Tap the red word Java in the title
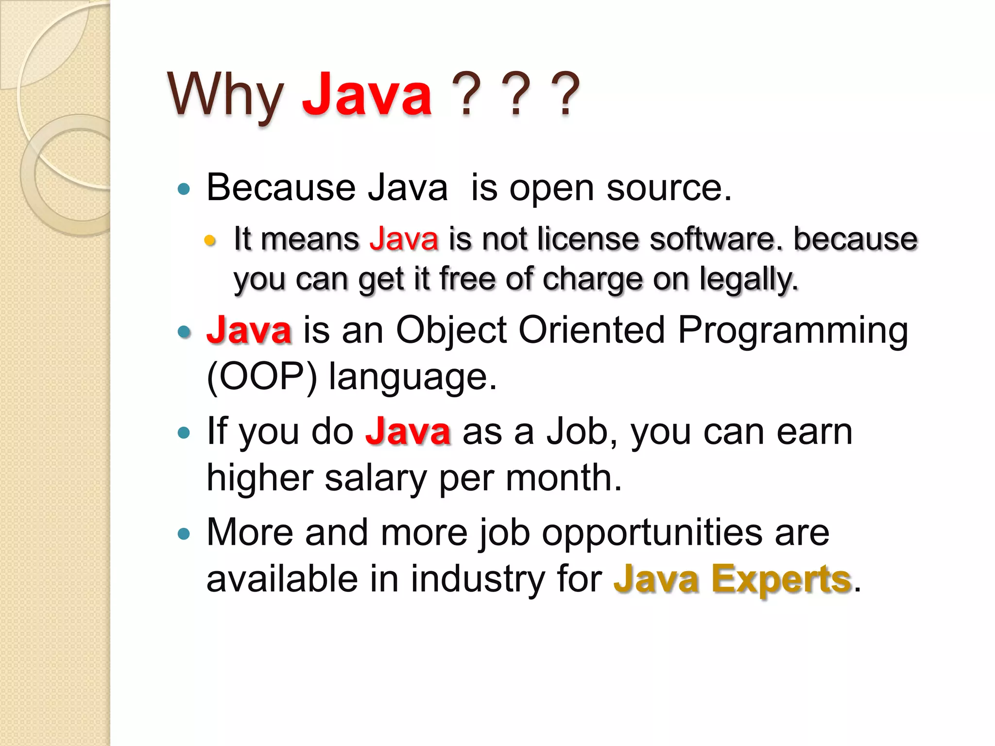pyautogui.click(x=367, y=94)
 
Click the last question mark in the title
pyautogui.click(x=566, y=94)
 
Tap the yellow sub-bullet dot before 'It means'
pyautogui.click(x=210, y=240)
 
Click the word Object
pyautogui.click(x=451, y=331)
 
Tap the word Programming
pyautogui.click(x=792, y=331)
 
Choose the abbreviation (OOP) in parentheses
pyautogui.click(x=262, y=377)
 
